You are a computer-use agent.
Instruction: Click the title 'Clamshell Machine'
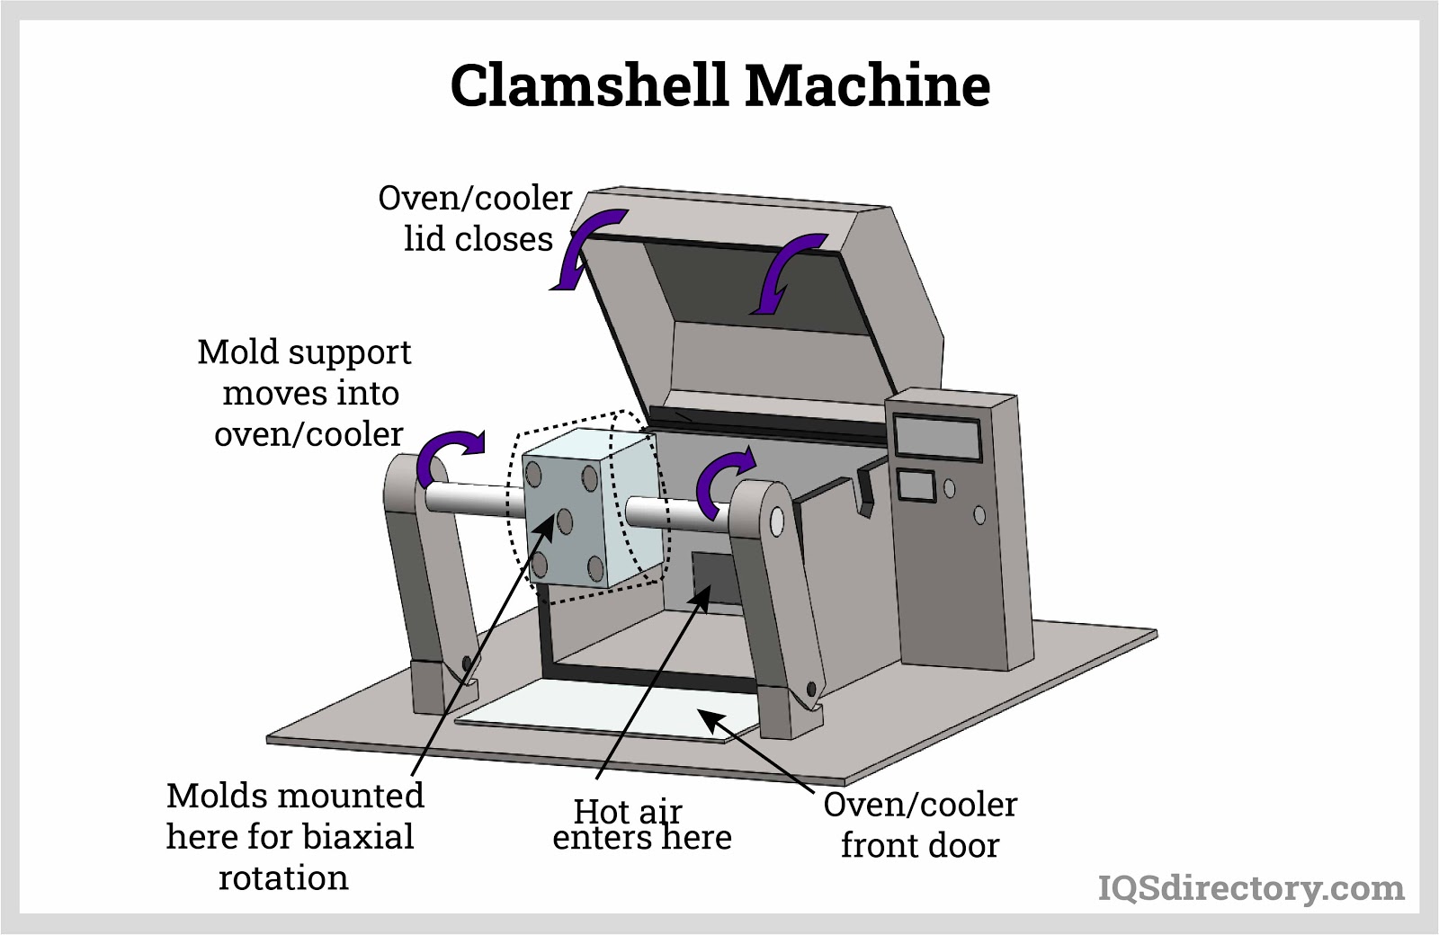tap(719, 86)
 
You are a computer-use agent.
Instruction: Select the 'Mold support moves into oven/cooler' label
tap(307, 393)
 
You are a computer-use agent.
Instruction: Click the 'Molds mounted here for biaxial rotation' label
tap(292, 836)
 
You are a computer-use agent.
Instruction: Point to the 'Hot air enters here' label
tap(640, 824)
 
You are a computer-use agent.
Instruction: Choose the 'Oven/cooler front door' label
tap(920, 824)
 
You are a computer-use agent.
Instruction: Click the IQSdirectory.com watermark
tap(1251, 888)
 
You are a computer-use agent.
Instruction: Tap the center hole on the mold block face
tap(565, 520)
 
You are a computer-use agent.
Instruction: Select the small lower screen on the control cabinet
tap(916, 486)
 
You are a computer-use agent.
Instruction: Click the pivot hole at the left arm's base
tap(466, 663)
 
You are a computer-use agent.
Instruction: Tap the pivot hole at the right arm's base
tap(811, 689)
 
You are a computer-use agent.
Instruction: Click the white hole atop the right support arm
tap(777, 521)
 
